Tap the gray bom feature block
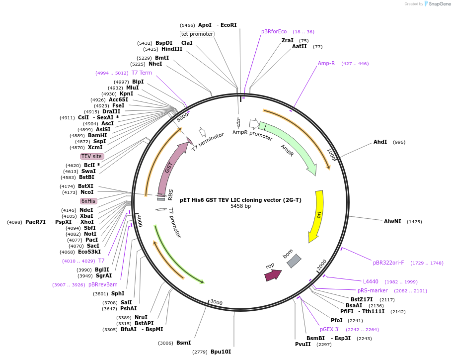[294, 261]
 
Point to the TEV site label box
[92, 156]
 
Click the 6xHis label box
[89, 201]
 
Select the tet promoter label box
[197, 34]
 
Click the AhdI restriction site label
[380, 142]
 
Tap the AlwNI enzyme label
[392, 221]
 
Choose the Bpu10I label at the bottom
[221, 352]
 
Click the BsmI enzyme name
[183, 343]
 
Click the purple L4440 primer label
[371, 281]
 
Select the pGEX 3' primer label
[330, 329]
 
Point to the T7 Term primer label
[142, 73]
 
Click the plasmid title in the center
[240, 200]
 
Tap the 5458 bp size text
[240, 206]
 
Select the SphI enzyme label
[118, 293]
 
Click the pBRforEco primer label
[274, 31]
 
